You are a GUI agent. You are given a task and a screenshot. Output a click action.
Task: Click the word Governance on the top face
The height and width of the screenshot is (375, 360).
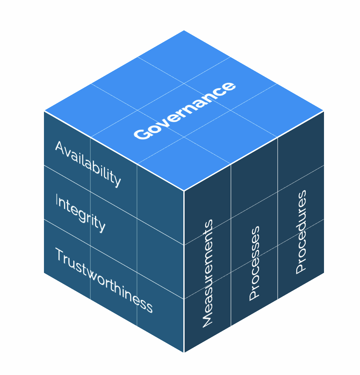click(184, 110)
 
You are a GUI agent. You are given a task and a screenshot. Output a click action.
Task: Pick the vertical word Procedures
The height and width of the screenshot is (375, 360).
click(301, 232)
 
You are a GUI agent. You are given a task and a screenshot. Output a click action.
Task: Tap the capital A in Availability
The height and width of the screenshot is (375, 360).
click(60, 147)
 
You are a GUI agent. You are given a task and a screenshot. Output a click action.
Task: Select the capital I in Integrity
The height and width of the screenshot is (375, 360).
click(57, 200)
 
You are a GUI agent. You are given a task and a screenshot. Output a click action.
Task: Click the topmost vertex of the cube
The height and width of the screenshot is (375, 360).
click(184, 31)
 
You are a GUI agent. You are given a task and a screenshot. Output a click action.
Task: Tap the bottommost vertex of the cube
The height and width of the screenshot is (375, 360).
click(184, 352)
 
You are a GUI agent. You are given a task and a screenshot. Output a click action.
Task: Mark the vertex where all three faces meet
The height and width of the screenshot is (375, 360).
click(184, 191)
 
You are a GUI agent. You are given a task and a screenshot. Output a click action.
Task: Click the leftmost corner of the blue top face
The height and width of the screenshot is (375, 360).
click(44, 111)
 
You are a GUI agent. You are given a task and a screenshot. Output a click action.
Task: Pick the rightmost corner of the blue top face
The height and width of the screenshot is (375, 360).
click(324, 111)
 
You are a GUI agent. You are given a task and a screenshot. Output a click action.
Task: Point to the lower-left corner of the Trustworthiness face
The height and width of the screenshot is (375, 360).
click(44, 272)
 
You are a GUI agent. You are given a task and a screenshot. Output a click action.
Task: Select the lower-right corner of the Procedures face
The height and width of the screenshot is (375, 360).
click(324, 272)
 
